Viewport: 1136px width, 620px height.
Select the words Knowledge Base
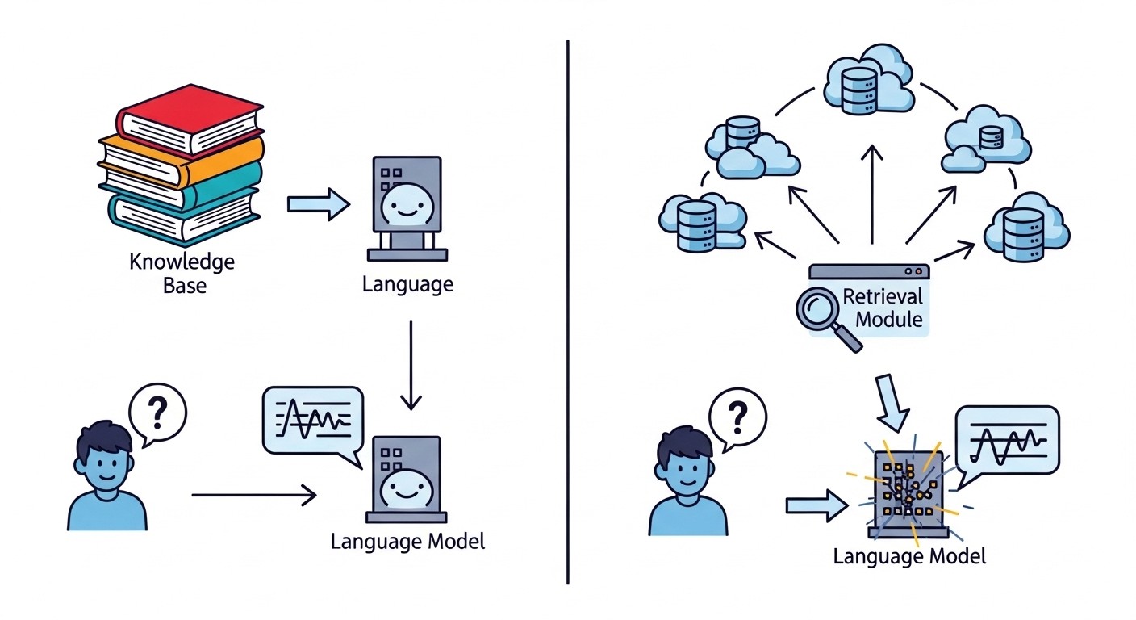tap(182, 273)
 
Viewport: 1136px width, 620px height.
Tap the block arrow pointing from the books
tap(318, 205)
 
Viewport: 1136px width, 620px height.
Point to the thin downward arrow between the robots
tap(411, 363)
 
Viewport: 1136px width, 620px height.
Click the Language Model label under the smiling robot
tap(407, 541)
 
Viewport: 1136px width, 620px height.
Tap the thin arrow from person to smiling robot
tap(253, 495)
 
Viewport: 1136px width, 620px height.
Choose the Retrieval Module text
tap(882, 307)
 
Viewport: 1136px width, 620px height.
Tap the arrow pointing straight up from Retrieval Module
tap(871, 194)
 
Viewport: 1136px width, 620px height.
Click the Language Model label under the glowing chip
tap(909, 556)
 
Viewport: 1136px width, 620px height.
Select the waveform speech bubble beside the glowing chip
tap(1005, 440)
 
